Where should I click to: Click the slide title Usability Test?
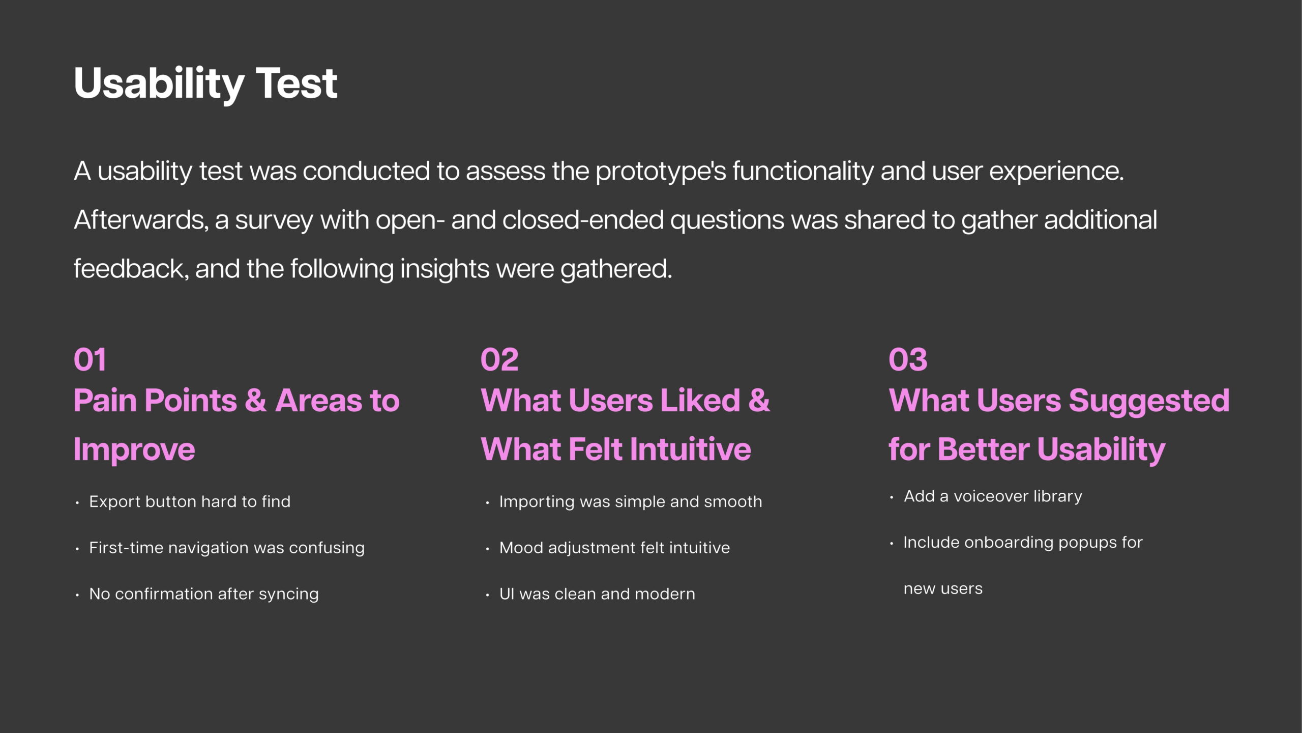205,84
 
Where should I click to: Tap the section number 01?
90,360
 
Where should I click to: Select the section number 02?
499,360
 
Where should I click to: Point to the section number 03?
908,360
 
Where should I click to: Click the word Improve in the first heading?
134,450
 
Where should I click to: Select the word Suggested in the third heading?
1149,402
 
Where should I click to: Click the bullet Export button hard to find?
190,502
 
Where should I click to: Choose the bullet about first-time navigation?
227,548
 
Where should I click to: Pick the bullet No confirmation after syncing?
204,595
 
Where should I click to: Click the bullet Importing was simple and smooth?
631,502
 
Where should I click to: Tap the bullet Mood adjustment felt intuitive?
614,548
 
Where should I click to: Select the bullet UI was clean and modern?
597,594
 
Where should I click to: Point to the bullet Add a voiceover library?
993,496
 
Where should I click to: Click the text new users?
943,589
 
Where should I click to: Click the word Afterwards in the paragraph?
141,220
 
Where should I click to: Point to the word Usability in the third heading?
1101,450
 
